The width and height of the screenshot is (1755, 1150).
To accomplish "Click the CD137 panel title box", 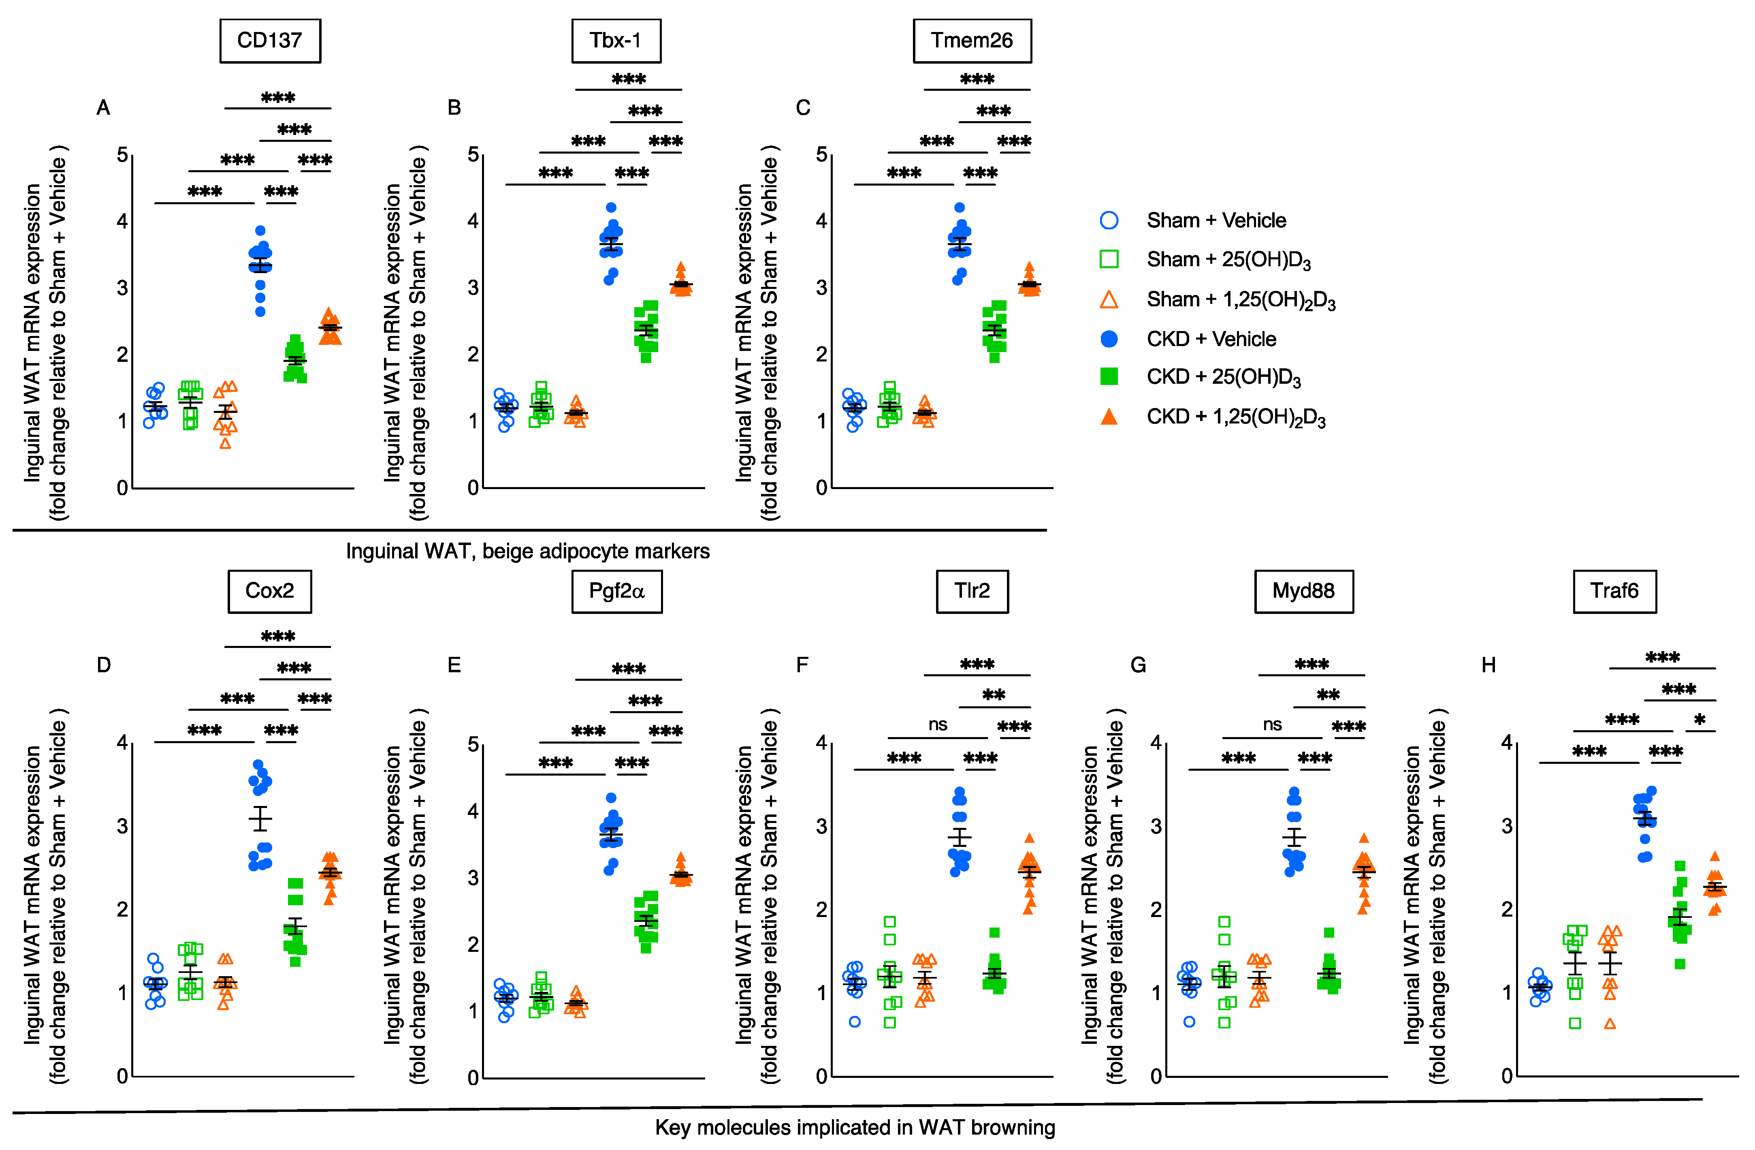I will (270, 41).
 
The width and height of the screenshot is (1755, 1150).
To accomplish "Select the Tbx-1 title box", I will (616, 41).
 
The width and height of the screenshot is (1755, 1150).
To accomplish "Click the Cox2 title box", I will (269, 591).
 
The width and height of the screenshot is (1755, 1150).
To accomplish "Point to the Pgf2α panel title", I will (616, 591).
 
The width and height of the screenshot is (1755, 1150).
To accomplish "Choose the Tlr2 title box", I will (972, 591).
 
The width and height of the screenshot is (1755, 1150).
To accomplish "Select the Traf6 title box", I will (1614, 591).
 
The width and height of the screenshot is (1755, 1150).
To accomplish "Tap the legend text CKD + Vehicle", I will (1211, 339).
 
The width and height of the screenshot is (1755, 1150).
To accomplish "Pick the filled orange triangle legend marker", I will (1108, 417).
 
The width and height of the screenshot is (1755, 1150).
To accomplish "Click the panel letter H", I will (1488, 665).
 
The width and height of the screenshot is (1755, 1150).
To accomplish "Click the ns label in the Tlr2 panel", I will (937, 725).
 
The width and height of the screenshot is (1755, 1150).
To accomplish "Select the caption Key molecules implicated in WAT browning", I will (855, 1127).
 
